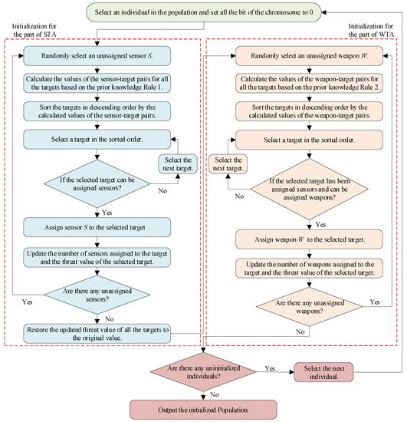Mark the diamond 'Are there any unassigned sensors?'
(x=97, y=295)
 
